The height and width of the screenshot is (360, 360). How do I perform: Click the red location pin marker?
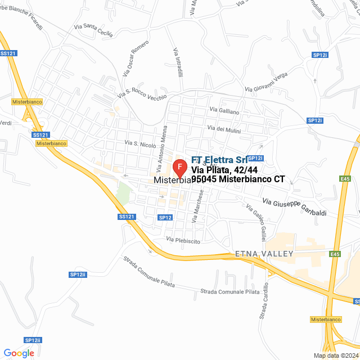(x=179, y=168)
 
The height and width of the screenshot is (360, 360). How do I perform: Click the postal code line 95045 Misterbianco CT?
(x=238, y=179)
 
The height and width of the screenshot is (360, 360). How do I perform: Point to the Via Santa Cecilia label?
(x=94, y=29)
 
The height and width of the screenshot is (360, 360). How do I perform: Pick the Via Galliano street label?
(x=224, y=110)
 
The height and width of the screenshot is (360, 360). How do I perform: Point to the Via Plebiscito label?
(x=183, y=241)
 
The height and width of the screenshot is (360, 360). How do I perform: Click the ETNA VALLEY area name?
(x=265, y=254)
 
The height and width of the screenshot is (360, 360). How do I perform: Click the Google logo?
(x=19, y=353)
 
